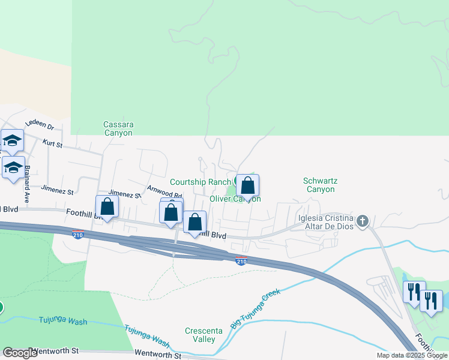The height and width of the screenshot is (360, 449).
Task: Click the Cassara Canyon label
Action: click(118, 128)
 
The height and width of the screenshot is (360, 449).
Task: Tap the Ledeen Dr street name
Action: click(43, 127)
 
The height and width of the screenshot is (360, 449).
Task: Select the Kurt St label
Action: click(52, 142)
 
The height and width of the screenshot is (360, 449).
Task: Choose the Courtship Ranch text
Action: click(200, 182)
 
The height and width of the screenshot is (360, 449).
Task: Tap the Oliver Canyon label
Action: click(235, 199)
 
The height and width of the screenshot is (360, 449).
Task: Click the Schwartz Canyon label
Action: click(319, 184)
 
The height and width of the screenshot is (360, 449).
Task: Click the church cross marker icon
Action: click(361, 221)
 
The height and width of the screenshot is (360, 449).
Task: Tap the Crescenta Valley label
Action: click(200, 335)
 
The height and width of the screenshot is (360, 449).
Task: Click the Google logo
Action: click(20, 353)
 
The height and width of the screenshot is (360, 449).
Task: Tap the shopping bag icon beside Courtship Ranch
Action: click(247, 185)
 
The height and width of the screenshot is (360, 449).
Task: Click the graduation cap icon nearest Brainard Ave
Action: click(13, 168)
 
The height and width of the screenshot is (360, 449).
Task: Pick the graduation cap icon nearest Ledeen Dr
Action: click(11, 141)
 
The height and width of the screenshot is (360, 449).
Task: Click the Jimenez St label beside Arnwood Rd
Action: click(124, 194)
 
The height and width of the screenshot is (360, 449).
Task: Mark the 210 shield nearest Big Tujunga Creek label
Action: click(241, 260)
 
